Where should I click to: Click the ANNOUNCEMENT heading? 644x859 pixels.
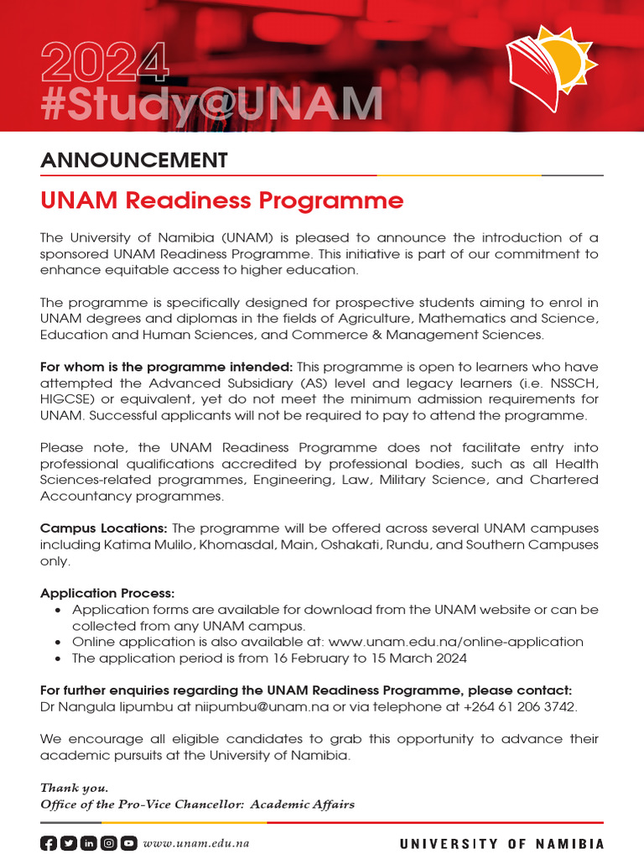134,160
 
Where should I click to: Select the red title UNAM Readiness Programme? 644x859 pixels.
222,201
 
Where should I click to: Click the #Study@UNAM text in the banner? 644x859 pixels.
211,103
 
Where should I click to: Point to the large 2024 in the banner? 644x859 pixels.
104,64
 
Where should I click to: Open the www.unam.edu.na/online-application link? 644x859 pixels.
455,642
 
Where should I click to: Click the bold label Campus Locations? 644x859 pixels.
105,528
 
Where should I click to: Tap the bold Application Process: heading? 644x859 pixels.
107,593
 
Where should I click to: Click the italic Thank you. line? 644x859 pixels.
74,788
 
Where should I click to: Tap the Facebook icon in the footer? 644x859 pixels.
49,844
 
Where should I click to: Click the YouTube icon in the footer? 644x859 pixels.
128,844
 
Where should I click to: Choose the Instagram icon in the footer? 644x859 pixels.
108,844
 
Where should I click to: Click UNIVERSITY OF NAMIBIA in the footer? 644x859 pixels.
501,844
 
